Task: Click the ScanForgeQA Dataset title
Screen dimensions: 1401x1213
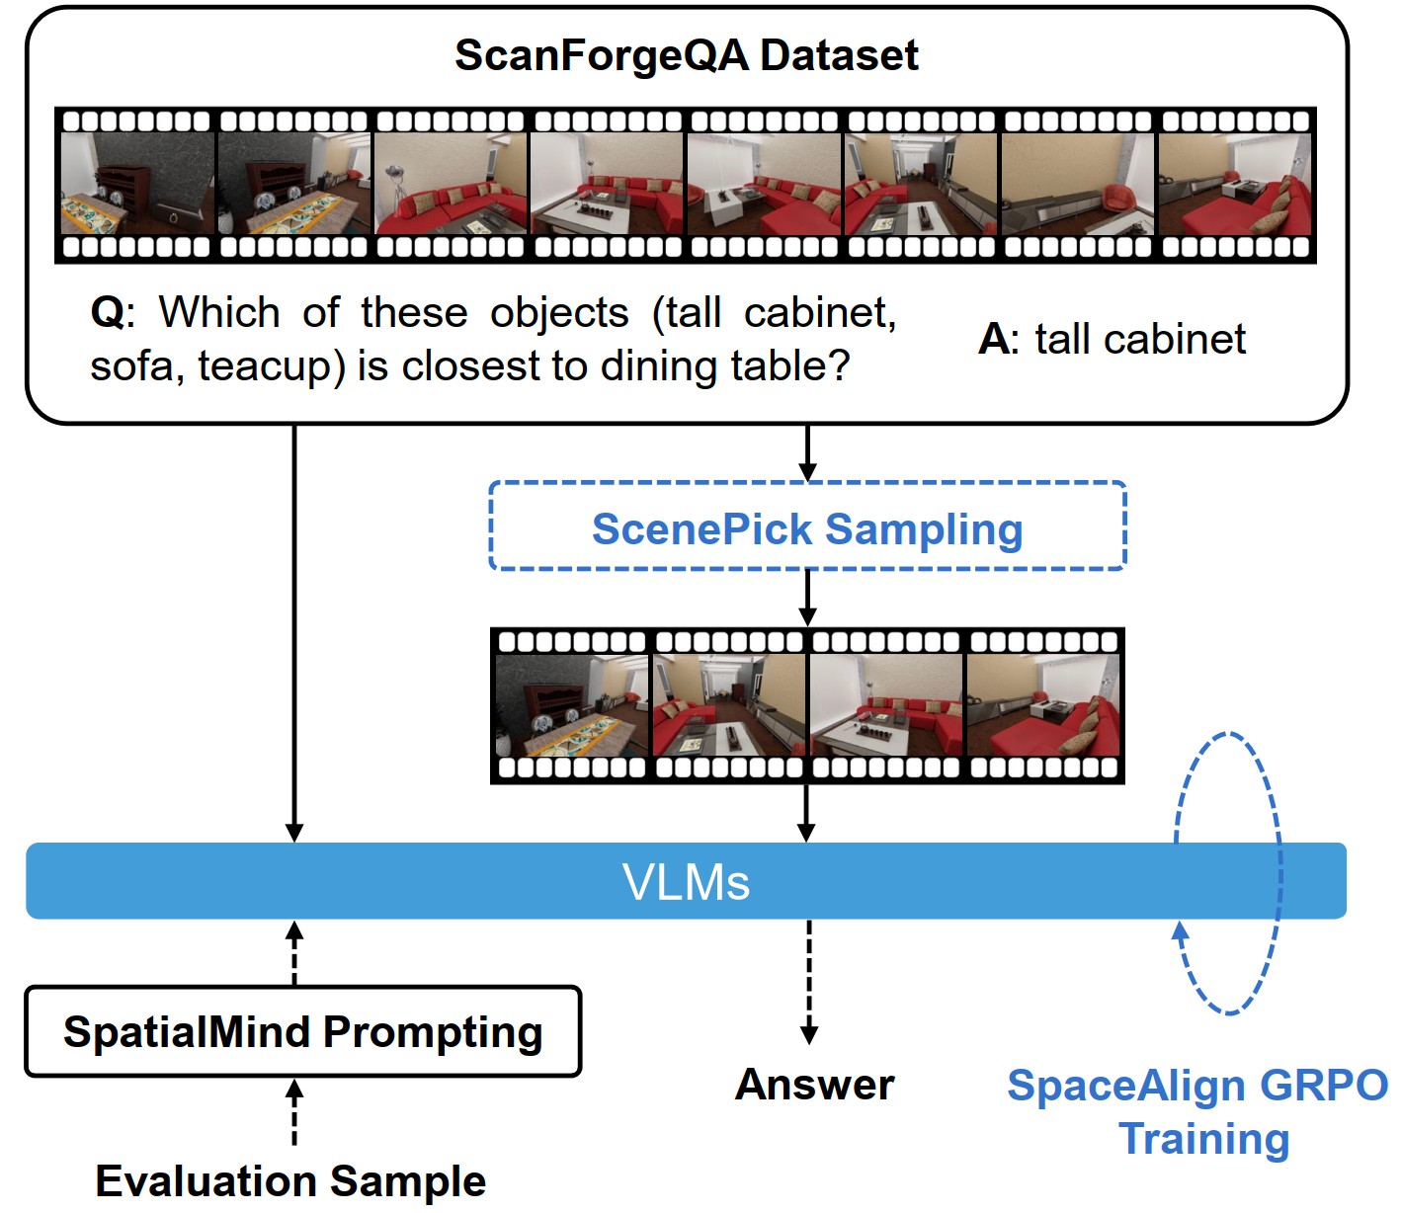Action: pos(686,55)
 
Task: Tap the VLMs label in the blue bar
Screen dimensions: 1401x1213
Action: pos(686,882)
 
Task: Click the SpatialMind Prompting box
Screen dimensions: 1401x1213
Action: pos(303,1030)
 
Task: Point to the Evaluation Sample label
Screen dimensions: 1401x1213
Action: pos(290,1181)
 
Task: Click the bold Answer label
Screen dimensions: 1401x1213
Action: pos(815,1085)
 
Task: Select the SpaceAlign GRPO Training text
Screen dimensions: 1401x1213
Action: pos(1198,1112)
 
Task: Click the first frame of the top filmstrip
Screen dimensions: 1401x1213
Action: pos(137,184)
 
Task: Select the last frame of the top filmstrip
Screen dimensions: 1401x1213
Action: pos(1234,184)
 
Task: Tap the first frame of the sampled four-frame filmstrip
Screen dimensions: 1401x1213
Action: pos(572,705)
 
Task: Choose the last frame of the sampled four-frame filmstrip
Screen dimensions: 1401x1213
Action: pos(1043,705)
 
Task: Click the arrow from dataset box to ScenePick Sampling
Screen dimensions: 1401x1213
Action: pos(807,452)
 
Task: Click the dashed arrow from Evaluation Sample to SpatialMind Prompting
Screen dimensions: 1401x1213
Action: pos(294,1112)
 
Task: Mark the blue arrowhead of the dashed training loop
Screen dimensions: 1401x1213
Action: pos(1180,931)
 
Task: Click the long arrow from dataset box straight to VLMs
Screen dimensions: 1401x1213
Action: pos(294,633)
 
